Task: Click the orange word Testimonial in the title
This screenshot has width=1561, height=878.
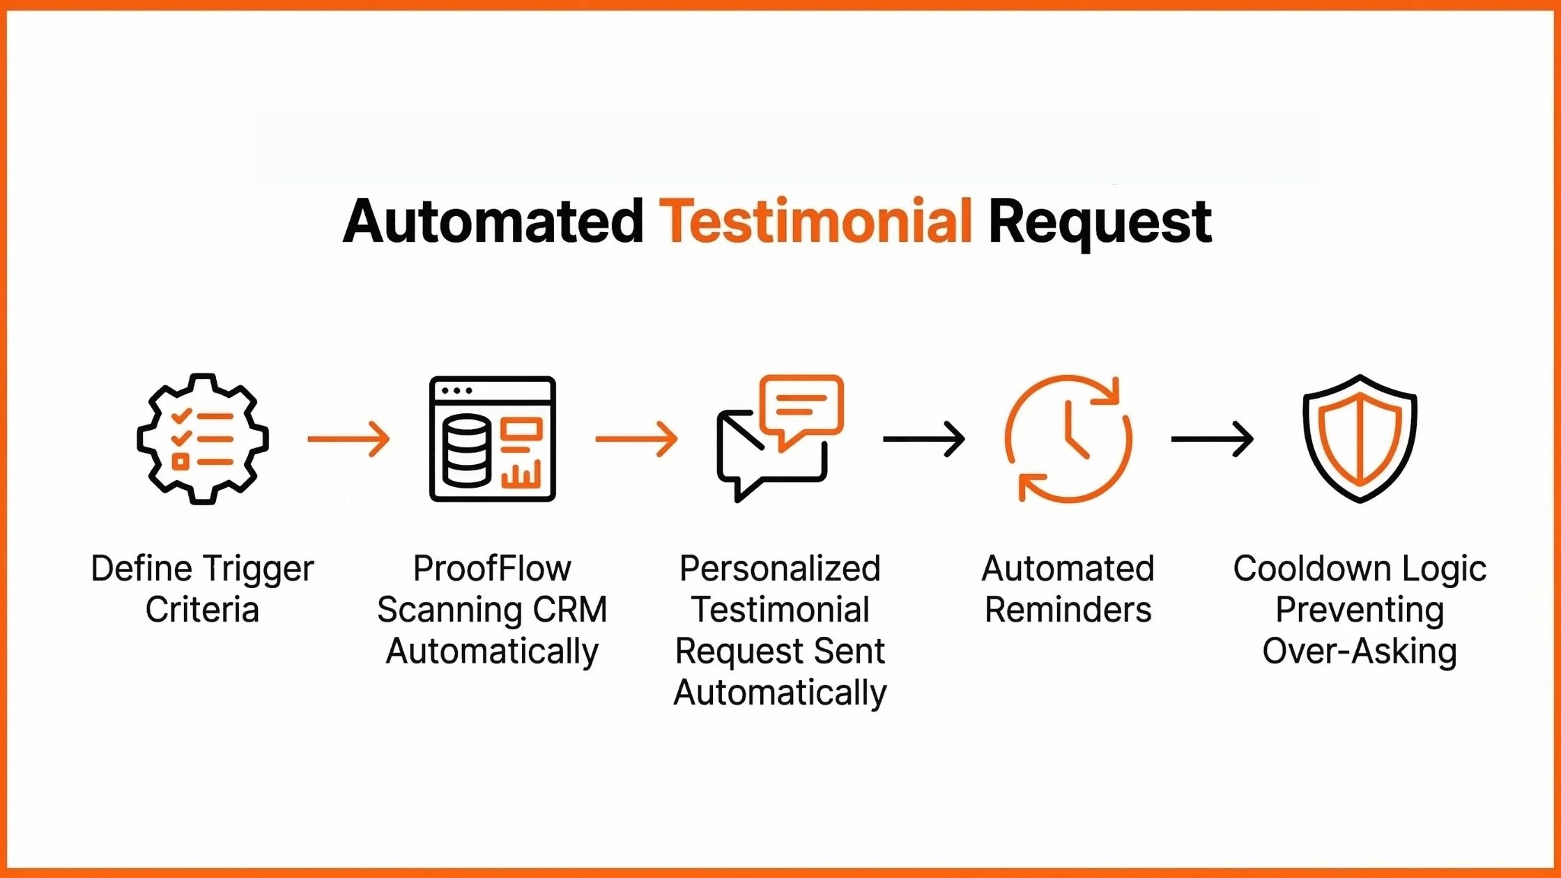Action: [x=815, y=222]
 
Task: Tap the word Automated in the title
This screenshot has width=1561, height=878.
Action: [x=493, y=222]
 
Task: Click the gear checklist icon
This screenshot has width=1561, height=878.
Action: [x=202, y=439]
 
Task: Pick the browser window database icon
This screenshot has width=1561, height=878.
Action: [x=492, y=439]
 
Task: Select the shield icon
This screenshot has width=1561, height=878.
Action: [x=1360, y=439]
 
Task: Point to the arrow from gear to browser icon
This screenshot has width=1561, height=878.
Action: [x=348, y=439]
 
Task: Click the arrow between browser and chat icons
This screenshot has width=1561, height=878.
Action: [x=636, y=439]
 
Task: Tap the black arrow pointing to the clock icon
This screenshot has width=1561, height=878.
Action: [x=924, y=439]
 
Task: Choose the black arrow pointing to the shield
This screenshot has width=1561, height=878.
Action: [x=1212, y=439]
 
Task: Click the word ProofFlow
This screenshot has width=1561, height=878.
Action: [x=492, y=569]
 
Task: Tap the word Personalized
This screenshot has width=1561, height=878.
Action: [x=780, y=569]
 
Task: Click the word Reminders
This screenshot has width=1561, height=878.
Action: [x=1068, y=610]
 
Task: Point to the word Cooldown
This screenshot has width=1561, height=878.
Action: [x=1302, y=569]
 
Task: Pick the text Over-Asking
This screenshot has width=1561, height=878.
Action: [x=1360, y=652]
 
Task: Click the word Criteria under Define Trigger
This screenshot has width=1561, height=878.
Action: [x=202, y=610]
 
